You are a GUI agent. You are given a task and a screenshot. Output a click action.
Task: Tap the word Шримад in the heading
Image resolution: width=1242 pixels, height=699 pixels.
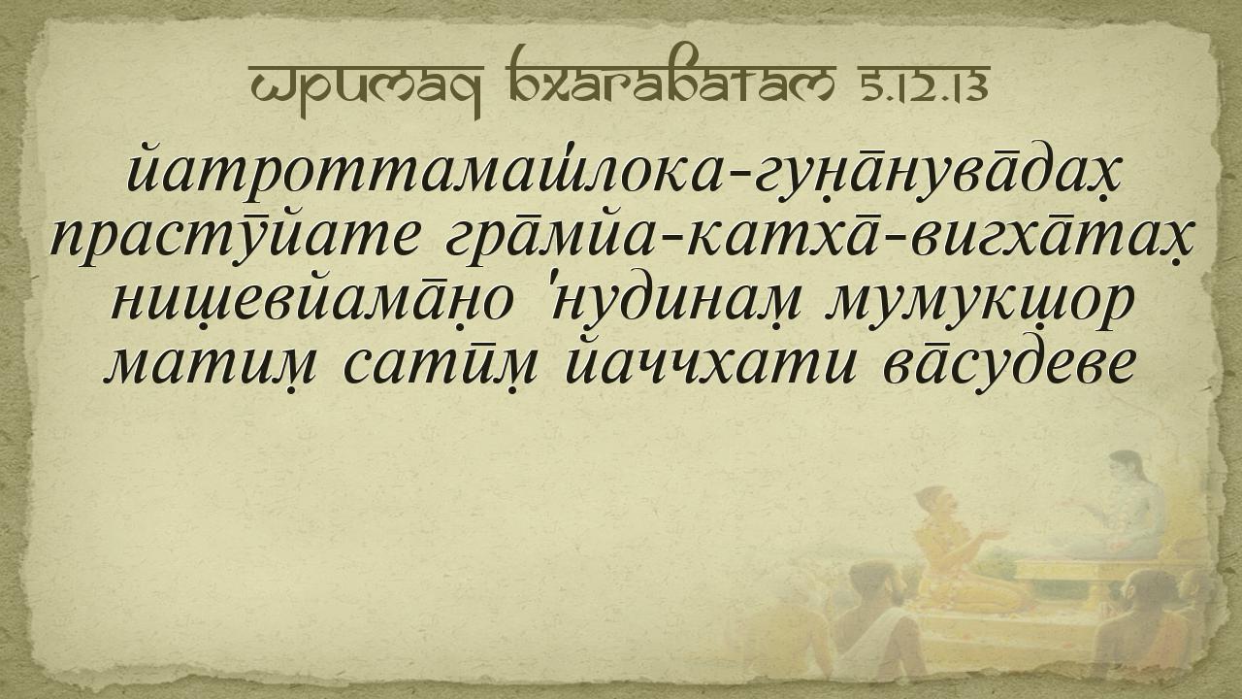click(x=367, y=88)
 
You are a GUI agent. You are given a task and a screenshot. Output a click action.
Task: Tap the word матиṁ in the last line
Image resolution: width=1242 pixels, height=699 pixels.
click(x=211, y=363)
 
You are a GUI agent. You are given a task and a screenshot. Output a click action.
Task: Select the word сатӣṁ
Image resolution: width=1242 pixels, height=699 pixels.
click(x=441, y=363)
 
